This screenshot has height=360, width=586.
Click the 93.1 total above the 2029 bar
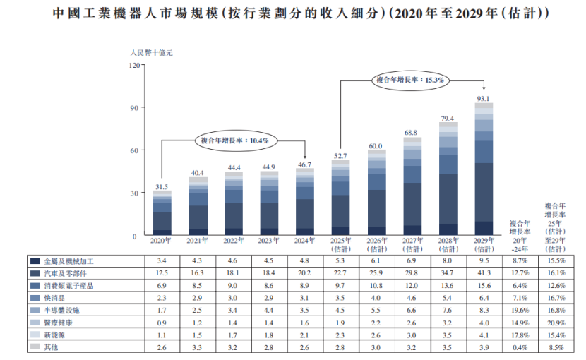(x=484, y=98)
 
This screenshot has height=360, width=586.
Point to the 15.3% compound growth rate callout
(x=409, y=80)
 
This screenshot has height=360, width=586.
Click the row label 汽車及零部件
(x=68, y=273)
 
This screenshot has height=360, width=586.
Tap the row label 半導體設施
(x=64, y=310)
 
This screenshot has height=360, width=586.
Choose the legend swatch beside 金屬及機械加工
(x=35, y=261)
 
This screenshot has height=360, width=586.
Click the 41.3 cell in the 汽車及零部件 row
(x=484, y=273)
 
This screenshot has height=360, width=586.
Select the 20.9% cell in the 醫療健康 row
(x=554, y=323)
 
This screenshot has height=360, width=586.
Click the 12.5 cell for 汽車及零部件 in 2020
(x=162, y=273)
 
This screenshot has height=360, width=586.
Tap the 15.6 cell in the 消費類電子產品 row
(x=484, y=285)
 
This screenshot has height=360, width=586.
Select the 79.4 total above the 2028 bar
(x=448, y=118)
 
